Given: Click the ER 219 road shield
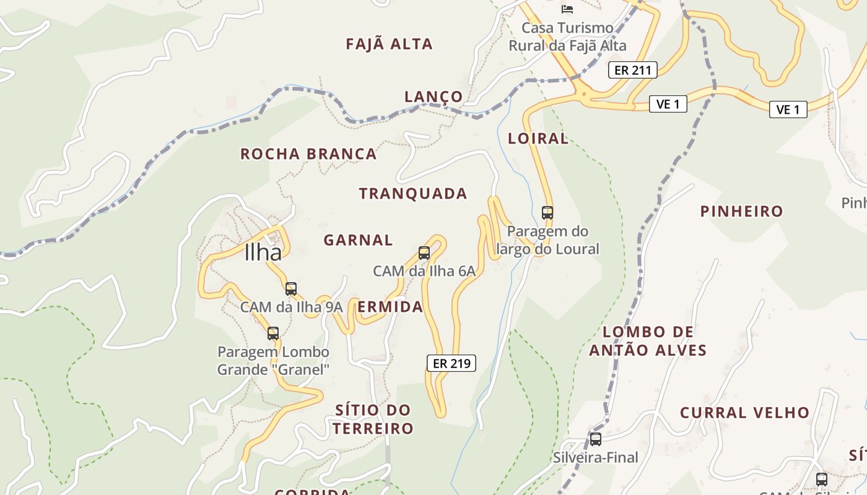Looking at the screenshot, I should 451,363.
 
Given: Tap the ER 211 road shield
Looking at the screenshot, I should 632,70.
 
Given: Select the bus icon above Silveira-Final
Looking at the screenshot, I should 595,439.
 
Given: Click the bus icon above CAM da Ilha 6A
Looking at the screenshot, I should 424,252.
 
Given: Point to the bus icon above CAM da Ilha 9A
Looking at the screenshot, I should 291,288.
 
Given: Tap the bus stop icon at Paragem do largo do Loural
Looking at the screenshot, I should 547,213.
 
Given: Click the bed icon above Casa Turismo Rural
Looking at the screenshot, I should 567,9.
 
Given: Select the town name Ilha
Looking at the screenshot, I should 263,252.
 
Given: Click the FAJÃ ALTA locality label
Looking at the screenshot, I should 389,44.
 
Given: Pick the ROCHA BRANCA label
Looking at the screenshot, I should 308,154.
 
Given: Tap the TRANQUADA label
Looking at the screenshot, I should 413,194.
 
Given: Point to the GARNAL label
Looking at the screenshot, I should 358,240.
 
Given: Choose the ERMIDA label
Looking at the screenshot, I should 390,307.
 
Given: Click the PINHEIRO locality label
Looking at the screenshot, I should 741,212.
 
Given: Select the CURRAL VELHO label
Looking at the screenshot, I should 744,413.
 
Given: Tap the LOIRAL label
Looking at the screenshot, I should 538,139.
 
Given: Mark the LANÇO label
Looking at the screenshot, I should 434,97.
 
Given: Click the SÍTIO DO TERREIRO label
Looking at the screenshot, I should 373,419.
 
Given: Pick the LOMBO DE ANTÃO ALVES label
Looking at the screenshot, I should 648,341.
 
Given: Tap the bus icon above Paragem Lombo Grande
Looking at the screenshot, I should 273,334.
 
